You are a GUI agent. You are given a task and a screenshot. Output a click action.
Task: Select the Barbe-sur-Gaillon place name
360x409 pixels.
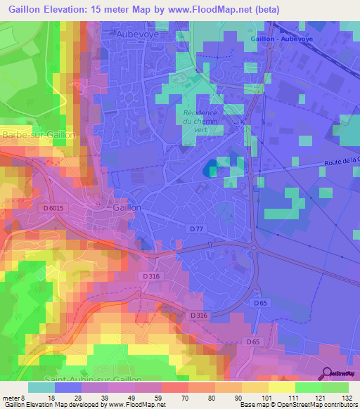[x=28, y=134]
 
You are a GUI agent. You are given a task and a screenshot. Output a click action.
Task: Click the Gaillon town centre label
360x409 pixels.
[x=127, y=208]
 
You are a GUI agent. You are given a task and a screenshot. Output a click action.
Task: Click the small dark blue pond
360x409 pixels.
[x=210, y=169]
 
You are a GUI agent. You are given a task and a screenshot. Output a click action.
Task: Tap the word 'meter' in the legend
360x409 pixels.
[x=11, y=397]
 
